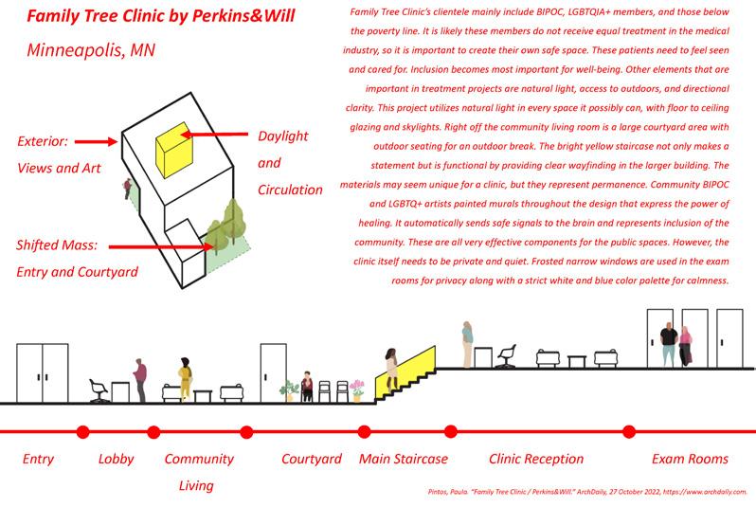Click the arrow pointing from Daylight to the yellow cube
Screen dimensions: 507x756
click(214, 136)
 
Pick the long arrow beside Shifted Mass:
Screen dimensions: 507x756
click(157, 247)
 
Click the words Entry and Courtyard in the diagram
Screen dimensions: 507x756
click(78, 272)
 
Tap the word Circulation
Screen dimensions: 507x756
click(290, 190)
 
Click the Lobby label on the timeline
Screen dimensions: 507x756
click(117, 460)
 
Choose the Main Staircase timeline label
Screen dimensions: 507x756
click(404, 460)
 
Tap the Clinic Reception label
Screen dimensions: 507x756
click(536, 460)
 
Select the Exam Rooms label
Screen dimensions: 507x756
click(690, 460)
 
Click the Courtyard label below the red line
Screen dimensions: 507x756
click(312, 460)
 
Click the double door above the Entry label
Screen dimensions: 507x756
click(43, 373)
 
